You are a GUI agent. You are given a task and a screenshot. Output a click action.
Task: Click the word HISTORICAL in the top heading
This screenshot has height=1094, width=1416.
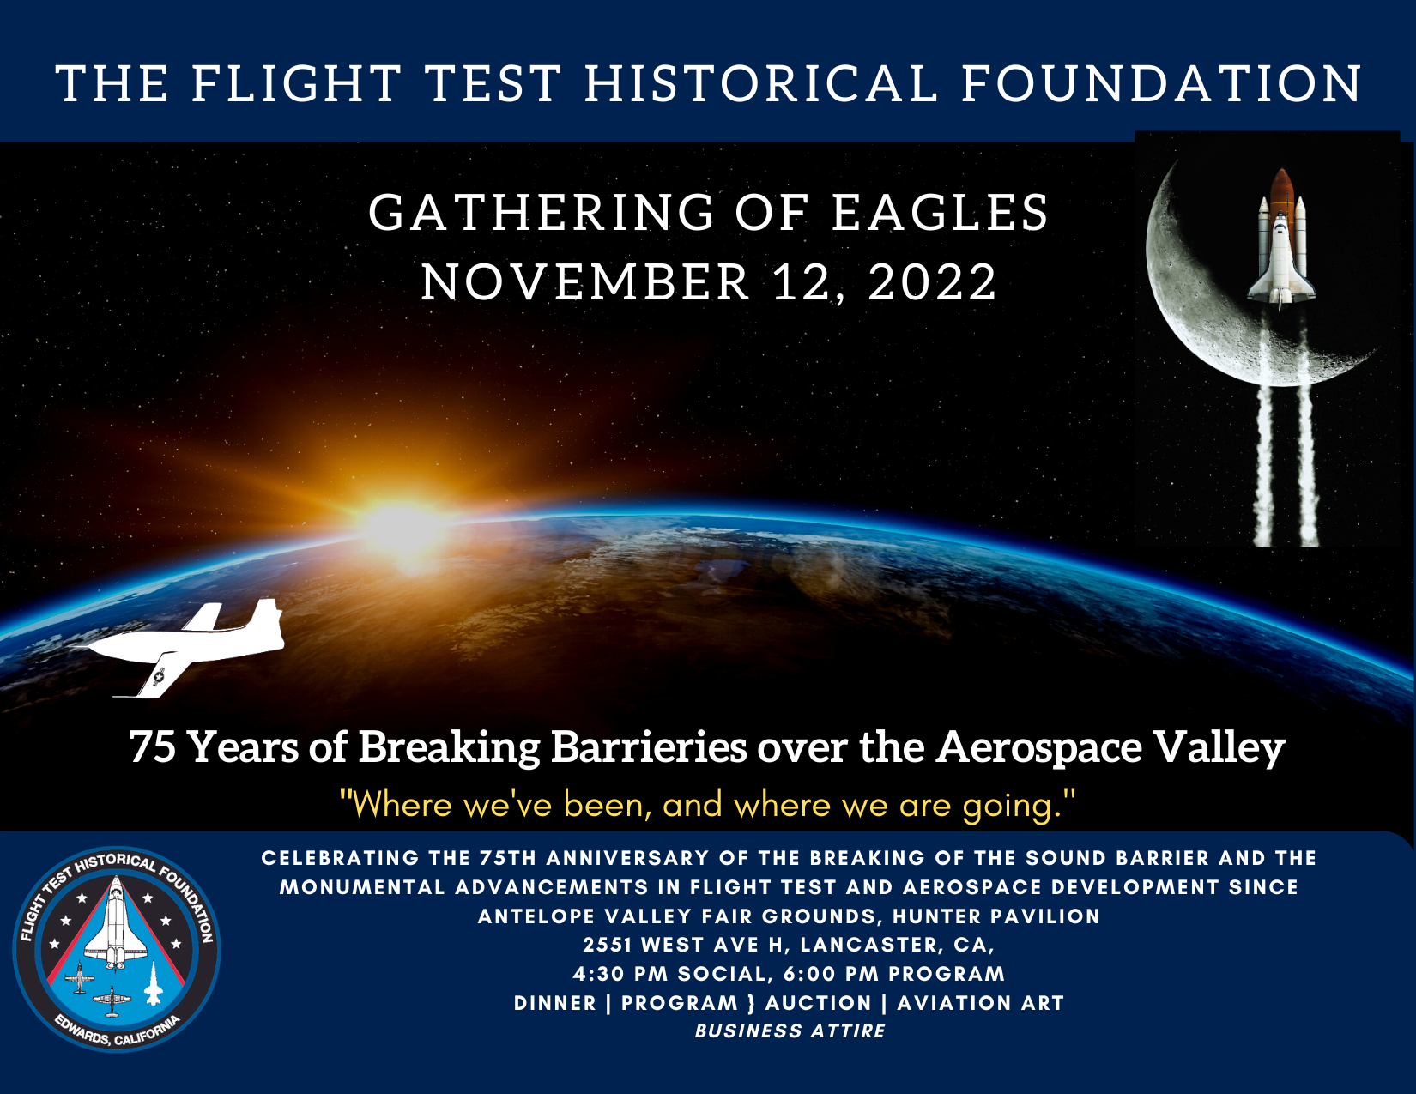(760, 84)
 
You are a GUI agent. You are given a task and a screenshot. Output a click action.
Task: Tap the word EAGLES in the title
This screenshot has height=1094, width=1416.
(940, 213)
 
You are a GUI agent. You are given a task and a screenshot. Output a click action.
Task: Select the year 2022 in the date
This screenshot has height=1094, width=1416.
(932, 283)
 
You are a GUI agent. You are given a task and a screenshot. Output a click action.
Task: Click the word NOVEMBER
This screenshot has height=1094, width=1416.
(585, 283)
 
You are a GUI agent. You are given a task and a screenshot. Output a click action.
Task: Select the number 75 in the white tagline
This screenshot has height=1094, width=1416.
(153, 746)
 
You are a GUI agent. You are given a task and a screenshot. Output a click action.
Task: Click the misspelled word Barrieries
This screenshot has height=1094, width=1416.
(649, 746)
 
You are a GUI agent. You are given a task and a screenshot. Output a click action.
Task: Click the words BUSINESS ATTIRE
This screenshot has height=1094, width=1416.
(790, 1031)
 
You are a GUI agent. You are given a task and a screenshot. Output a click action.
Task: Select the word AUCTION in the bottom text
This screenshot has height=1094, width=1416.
(819, 1003)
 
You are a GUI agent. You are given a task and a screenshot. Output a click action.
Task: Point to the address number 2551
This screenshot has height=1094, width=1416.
(608, 945)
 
